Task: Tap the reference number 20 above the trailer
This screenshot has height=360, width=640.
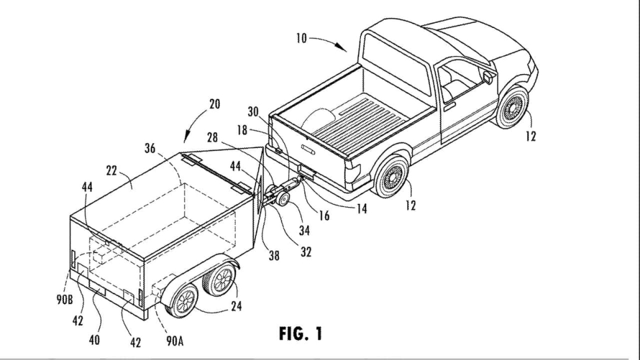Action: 214,105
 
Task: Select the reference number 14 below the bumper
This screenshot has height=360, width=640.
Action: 360,210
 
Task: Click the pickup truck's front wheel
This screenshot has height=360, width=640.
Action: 513,107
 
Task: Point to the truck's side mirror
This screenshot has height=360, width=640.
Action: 489,77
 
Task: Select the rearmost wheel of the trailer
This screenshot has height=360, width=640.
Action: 184,300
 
